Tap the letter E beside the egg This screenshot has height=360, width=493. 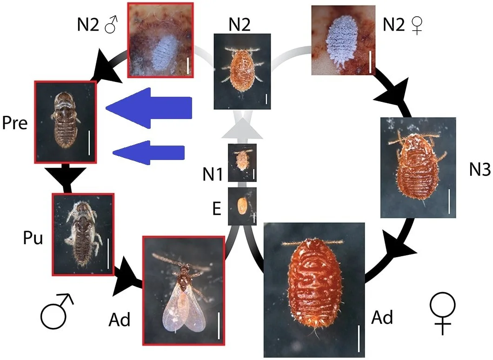217,209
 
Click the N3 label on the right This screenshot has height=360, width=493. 480,170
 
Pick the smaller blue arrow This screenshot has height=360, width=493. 149,152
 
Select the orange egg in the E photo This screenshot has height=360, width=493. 242,206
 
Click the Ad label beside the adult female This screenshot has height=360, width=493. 382,318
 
